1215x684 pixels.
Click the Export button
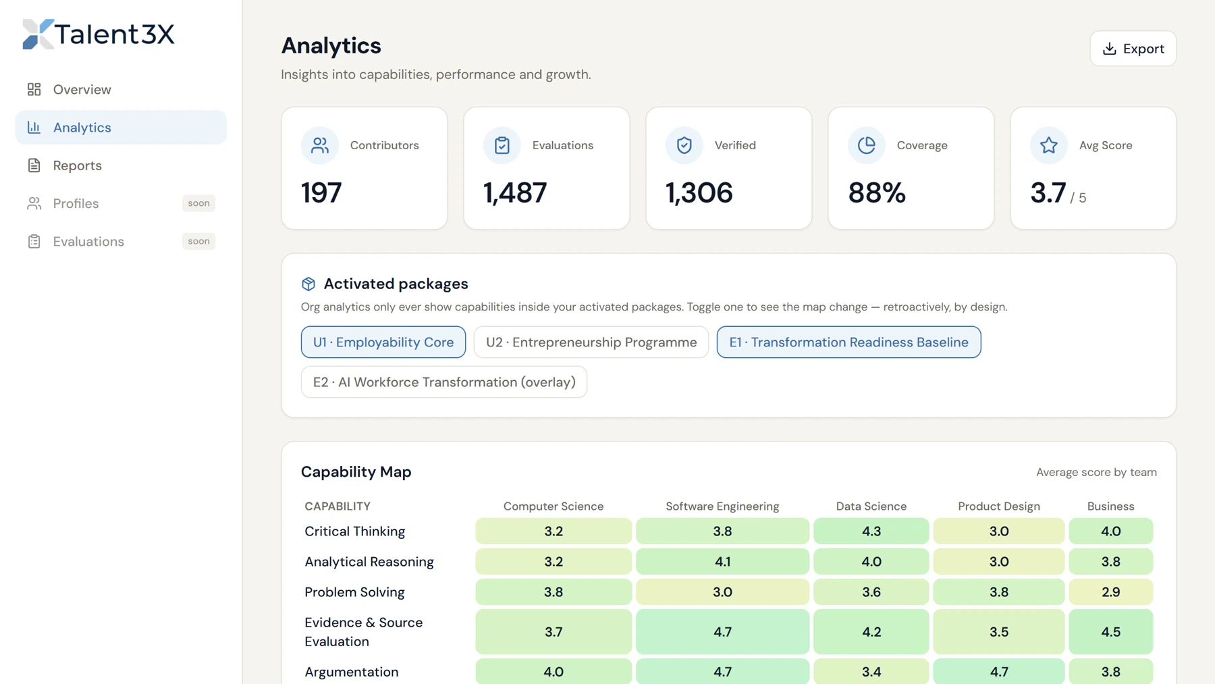point(1133,49)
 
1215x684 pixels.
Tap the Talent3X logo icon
point(38,34)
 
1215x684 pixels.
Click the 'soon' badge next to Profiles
point(198,203)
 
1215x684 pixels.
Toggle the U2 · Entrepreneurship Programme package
point(591,342)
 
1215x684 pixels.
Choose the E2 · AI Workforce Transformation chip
point(444,382)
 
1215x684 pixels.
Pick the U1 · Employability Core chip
point(383,342)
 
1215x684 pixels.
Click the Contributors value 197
point(321,193)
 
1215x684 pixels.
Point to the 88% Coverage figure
point(877,193)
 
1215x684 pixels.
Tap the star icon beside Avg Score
point(1049,145)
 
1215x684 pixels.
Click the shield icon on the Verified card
point(684,145)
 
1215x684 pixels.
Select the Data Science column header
point(871,506)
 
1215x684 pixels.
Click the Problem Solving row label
point(354,592)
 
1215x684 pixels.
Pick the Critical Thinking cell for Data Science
point(871,531)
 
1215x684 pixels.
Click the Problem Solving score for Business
point(1111,592)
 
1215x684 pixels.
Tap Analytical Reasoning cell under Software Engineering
point(722,562)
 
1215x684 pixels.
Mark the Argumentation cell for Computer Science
point(553,672)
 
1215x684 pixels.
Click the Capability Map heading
point(356,472)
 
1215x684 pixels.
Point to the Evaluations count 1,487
point(515,193)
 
